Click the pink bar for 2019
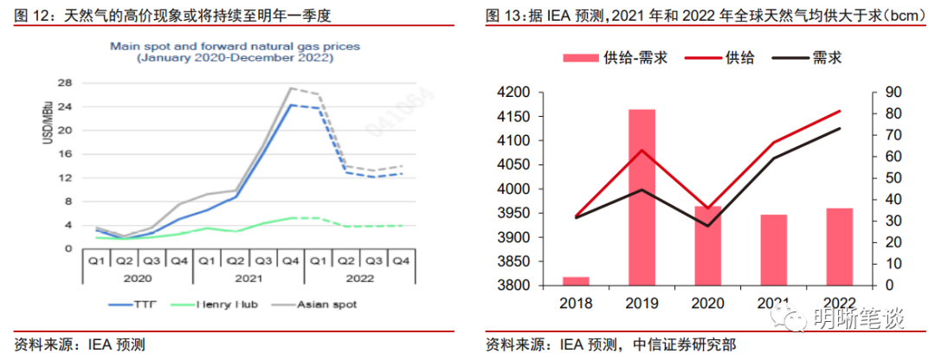[642, 197]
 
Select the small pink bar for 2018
[576, 281]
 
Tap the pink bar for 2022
[839, 247]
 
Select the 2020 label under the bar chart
[707, 303]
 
